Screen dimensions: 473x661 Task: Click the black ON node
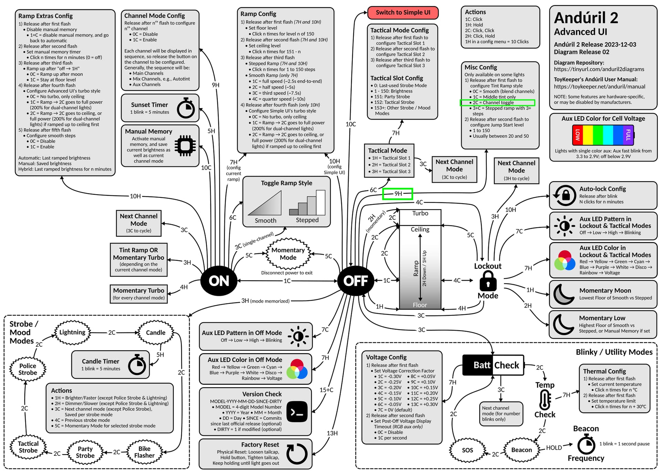click(x=219, y=281)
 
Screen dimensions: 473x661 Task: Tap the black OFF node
click(x=355, y=281)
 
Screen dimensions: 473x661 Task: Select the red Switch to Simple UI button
click(x=403, y=13)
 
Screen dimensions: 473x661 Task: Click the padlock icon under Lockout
click(x=488, y=281)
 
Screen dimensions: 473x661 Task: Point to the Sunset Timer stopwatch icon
click(x=186, y=108)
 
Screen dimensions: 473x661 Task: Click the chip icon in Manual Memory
click(x=185, y=146)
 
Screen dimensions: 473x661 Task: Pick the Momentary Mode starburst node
click(x=288, y=254)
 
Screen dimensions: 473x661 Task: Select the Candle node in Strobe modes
click(x=156, y=333)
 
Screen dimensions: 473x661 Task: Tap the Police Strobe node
click(x=28, y=369)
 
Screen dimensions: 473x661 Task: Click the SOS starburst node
click(x=467, y=450)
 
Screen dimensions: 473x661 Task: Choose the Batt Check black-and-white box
click(x=493, y=365)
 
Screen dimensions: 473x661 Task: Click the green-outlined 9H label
click(x=398, y=194)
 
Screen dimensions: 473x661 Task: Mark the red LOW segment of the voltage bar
click(x=578, y=135)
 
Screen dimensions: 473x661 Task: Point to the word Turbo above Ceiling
click(x=420, y=213)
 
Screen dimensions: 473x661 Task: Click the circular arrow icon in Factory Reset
click(x=296, y=454)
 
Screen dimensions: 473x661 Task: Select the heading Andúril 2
click(x=586, y=18)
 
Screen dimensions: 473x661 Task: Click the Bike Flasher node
click(x=144, y=452)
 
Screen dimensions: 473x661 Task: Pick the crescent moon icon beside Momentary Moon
click(x=564, y=294)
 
